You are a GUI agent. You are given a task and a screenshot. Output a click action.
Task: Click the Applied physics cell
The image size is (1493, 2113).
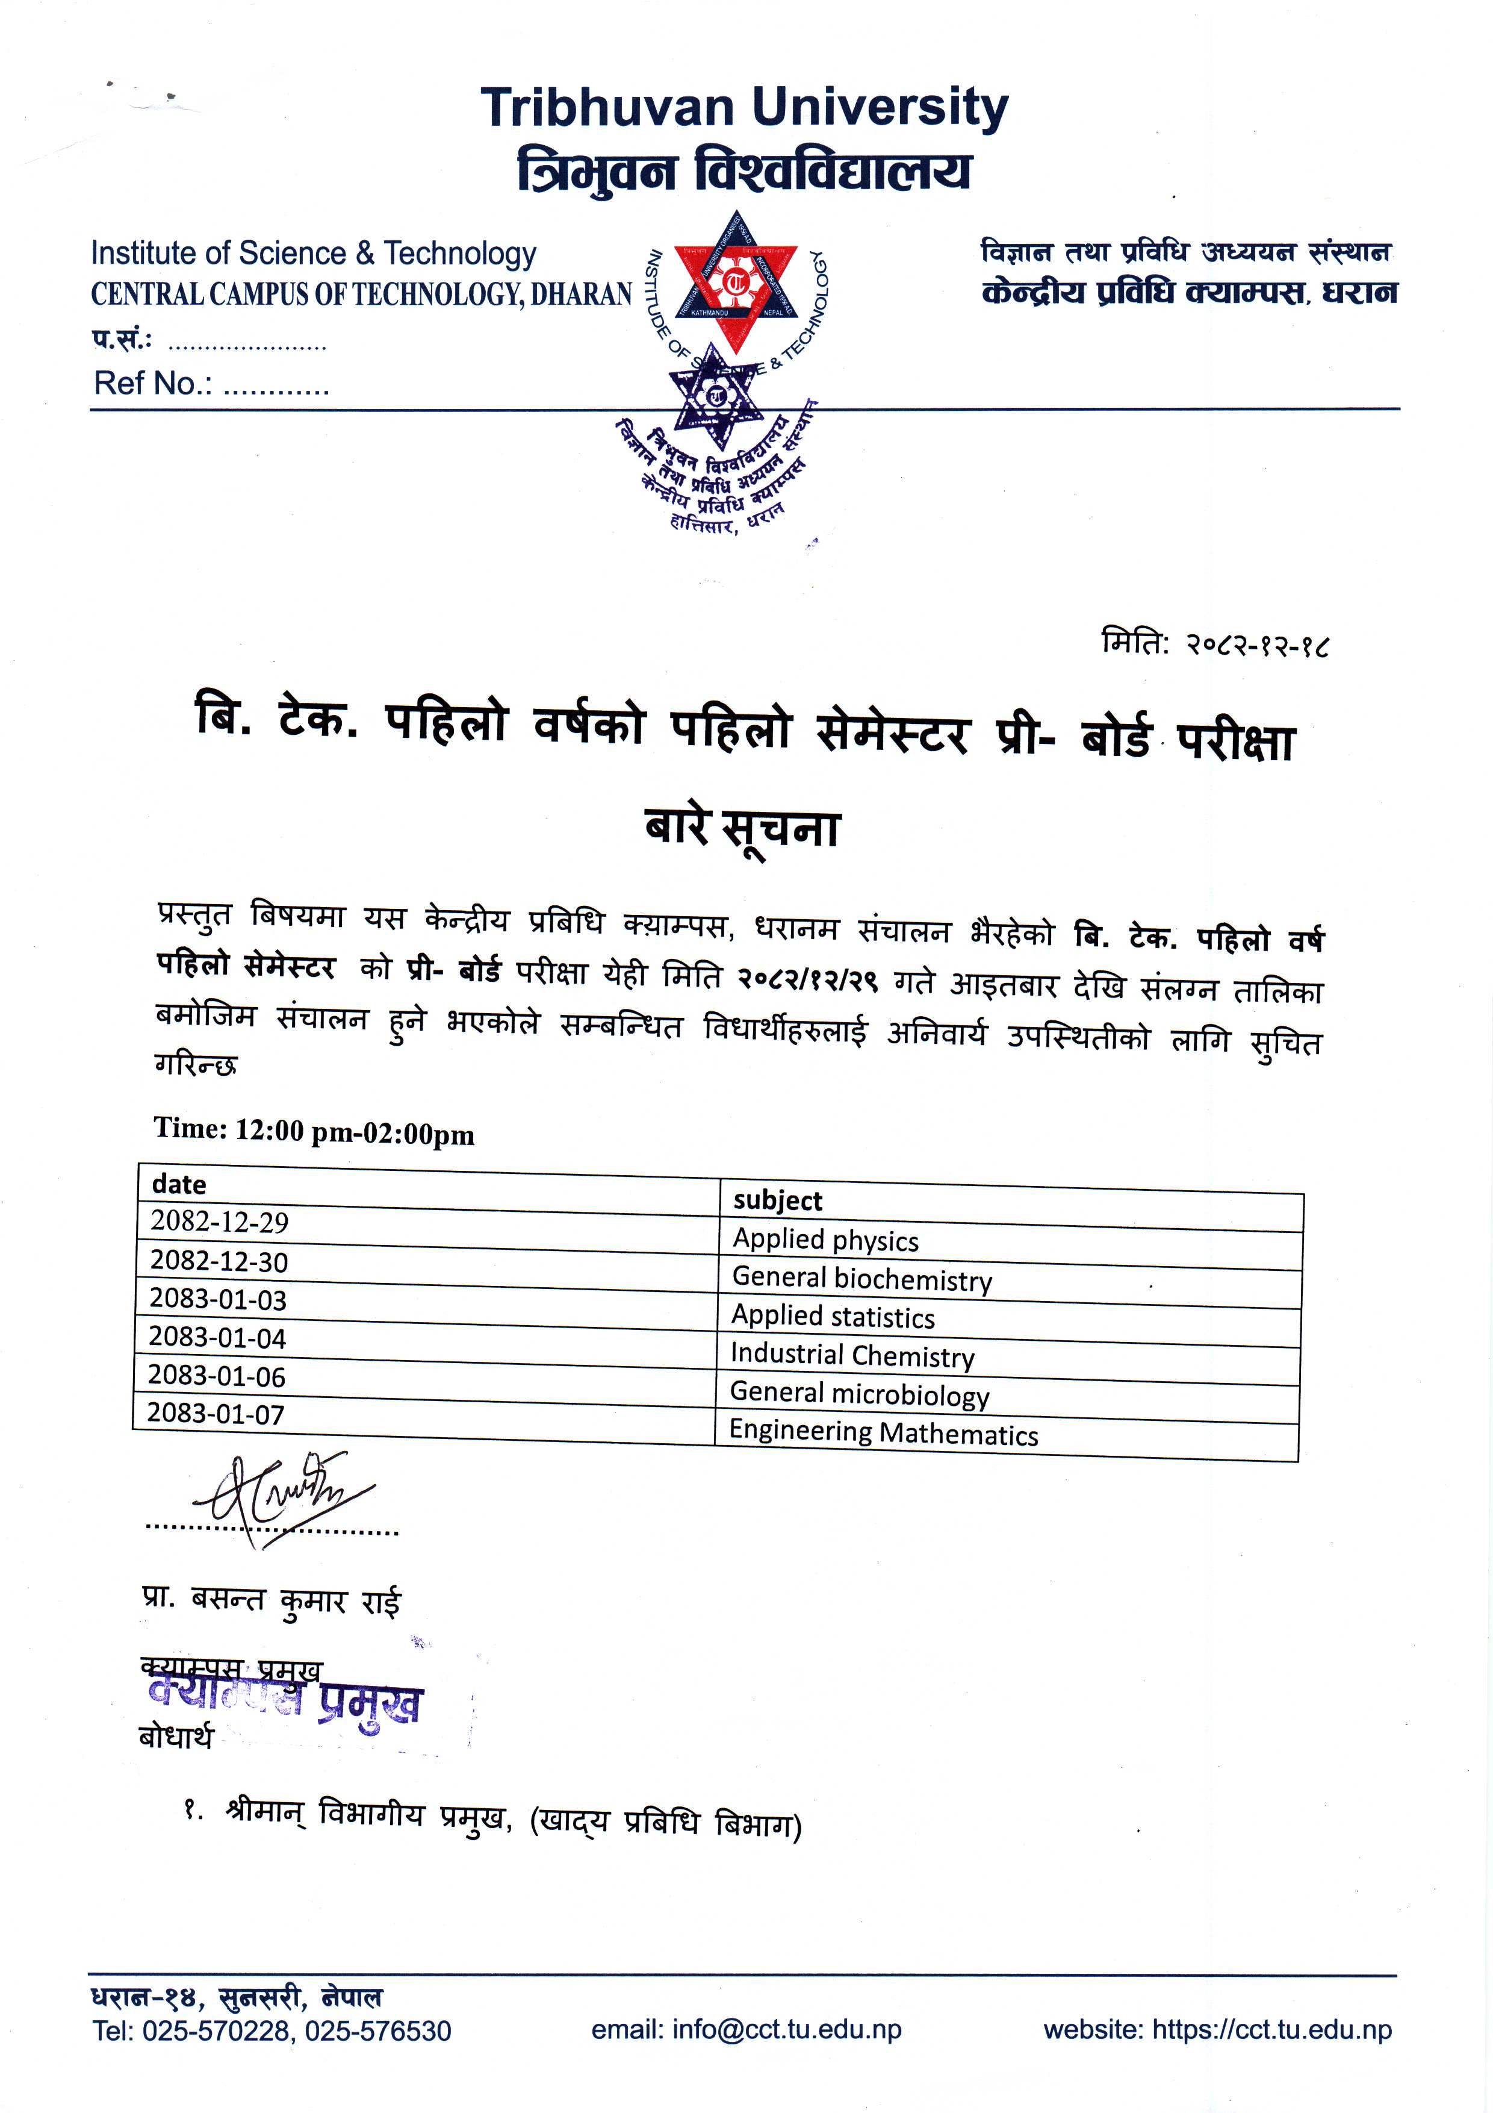tap(825, 1240)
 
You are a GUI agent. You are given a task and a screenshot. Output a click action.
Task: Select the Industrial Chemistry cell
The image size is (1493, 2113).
tap(852, 1355)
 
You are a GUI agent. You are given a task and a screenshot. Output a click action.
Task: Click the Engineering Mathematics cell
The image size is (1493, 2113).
tap(883, 1433)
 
